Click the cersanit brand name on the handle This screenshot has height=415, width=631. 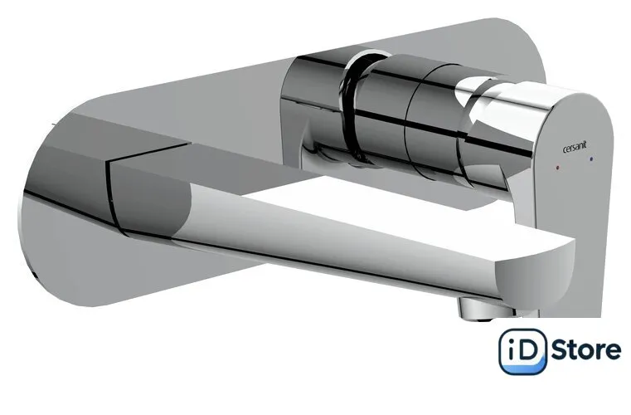pos(575,147)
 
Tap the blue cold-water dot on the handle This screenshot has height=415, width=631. pos(590,159)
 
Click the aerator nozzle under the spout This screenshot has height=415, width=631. pos(479,307)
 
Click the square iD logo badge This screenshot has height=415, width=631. pos(522,351)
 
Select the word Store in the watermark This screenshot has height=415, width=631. pos(585,350)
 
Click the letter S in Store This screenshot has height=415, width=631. pos(560,350)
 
